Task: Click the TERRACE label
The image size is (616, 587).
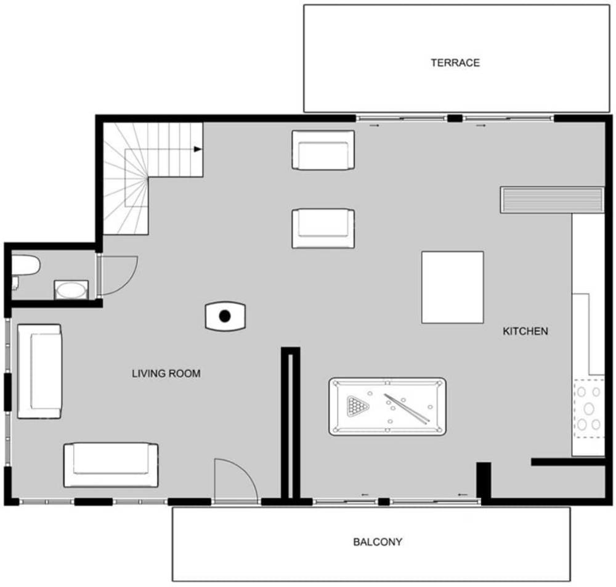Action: click(455, 63)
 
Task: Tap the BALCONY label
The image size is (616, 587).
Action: click(378, 542)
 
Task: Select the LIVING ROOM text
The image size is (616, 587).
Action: click(166, 374)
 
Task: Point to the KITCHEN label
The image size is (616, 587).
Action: click(525, 331)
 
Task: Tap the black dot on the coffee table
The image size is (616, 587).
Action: click(225, 316)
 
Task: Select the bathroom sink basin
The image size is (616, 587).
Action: click(71, 290)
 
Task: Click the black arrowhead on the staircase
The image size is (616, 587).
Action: click(198, 149)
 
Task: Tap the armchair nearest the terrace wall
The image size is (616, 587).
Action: click(323, 150)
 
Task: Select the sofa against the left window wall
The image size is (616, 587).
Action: click(39, 371)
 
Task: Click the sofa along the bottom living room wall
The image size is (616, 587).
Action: click(111, 465)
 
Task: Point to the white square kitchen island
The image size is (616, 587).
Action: click(452, 287)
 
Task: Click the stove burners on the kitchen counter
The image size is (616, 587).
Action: click(588, 409)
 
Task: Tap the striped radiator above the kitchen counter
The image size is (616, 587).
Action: click(552, 200)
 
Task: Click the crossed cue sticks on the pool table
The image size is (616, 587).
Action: click(407, 409)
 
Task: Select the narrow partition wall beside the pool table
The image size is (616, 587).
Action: click(291, 425)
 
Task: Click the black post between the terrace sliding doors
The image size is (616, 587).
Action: click(455, 118)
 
